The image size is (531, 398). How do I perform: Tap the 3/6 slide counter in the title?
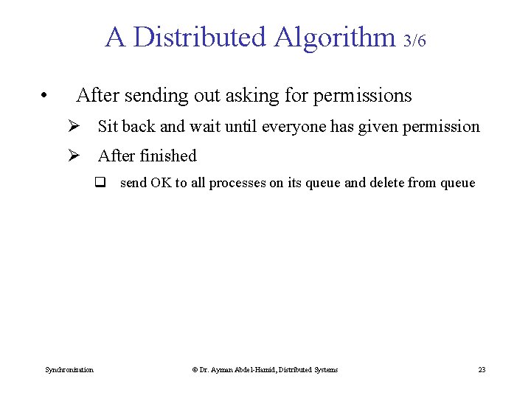click(415, 41)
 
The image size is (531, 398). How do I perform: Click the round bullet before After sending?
click(45, 96)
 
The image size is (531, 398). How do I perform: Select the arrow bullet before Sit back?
click(74, 127)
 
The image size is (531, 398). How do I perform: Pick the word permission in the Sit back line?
click(441, 127)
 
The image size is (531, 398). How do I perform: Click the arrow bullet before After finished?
click(74, 156)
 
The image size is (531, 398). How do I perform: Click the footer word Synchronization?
click(69, 369)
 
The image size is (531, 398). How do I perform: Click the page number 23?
click(482, 369)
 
